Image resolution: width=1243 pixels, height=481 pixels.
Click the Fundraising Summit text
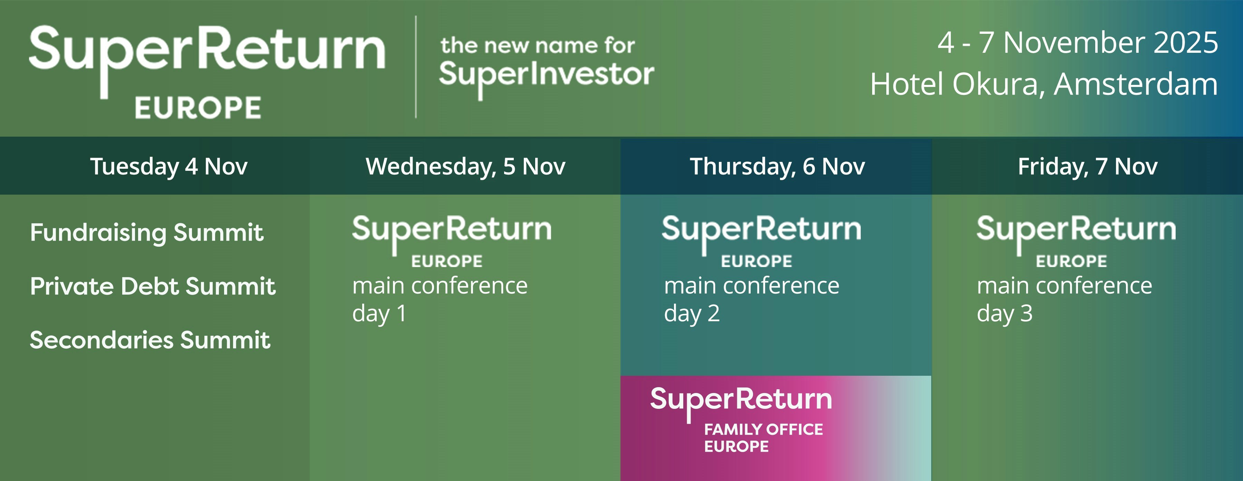pos(147,233)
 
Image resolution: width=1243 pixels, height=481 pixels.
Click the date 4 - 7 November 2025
pos(1078,42)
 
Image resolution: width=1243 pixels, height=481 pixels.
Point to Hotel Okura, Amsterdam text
pos(1044,85)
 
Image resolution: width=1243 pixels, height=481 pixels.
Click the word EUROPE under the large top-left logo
pos(198,108)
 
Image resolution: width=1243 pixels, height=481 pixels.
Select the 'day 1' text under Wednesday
pos(379,314)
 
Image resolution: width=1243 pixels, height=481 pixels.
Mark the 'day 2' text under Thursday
pos(692,314)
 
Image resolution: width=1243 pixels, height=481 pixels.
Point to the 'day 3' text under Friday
pos(1005,314)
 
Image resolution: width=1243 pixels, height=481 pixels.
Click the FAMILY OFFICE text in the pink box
pos(763,429)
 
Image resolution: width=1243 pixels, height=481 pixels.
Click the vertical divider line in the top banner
pos(416,67)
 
